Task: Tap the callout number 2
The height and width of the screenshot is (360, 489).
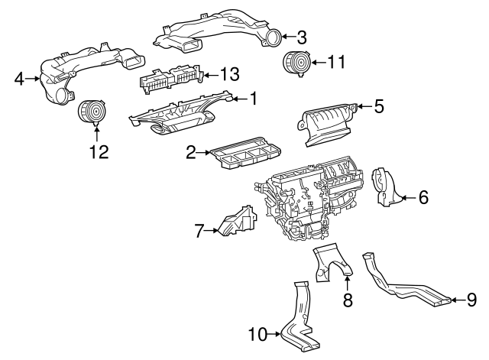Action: coord(190,154)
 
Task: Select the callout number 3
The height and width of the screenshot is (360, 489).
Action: coord(302,36)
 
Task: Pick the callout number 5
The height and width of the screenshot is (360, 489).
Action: coord(378,105)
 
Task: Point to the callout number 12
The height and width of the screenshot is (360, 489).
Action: coord(96,151)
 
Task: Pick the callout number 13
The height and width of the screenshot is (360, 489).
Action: coord(229,74)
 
